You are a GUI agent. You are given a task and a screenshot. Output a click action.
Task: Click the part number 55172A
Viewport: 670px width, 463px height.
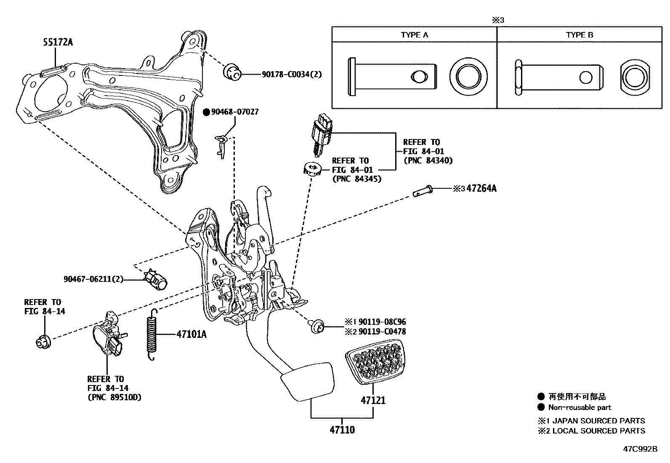pos(58,42)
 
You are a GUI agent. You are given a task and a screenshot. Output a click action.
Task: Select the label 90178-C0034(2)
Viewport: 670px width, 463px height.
pos(291,74)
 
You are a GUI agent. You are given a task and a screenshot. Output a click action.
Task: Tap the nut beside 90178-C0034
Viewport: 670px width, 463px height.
pos(231,72)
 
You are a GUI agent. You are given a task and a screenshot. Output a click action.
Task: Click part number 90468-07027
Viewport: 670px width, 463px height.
pos(234,112)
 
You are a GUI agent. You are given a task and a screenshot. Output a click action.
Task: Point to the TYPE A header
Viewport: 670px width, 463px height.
pos(415,35)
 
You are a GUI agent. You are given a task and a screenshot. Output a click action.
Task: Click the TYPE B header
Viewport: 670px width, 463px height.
pos(580,35)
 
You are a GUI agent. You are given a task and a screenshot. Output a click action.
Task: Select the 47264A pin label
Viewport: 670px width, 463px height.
pos(481,188)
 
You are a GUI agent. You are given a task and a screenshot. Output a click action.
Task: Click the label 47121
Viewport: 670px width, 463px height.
pos(373,400)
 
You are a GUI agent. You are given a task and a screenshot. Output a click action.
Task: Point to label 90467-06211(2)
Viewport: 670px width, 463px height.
pos(93,279)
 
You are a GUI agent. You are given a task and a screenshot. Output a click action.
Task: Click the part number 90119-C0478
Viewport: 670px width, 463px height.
pos(382,332)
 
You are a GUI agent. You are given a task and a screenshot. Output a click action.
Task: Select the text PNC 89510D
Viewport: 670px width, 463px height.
pos(114,397)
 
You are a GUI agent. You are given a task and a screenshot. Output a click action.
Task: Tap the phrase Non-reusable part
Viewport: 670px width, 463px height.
pos(580,407)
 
